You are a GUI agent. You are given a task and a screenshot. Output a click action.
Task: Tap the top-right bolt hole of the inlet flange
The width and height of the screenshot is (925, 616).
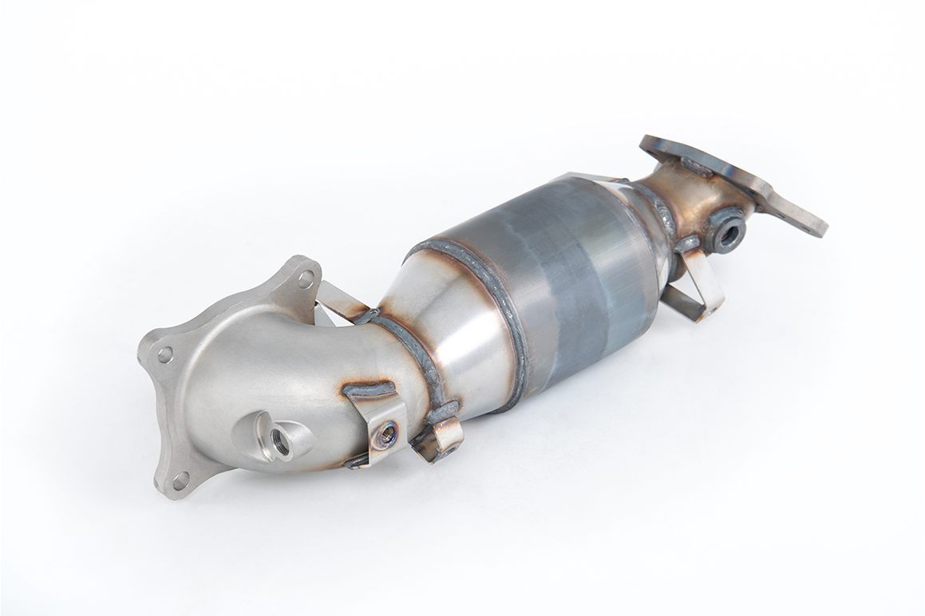tap(306, 278)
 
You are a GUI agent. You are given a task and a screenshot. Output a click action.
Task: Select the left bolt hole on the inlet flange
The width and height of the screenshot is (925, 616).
tap(164, 353)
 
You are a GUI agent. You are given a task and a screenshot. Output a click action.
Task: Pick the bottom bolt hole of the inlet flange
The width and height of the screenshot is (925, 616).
tap(181, 479)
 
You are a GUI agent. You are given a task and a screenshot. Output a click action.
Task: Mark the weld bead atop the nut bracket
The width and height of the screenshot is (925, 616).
tap(369, 391)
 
